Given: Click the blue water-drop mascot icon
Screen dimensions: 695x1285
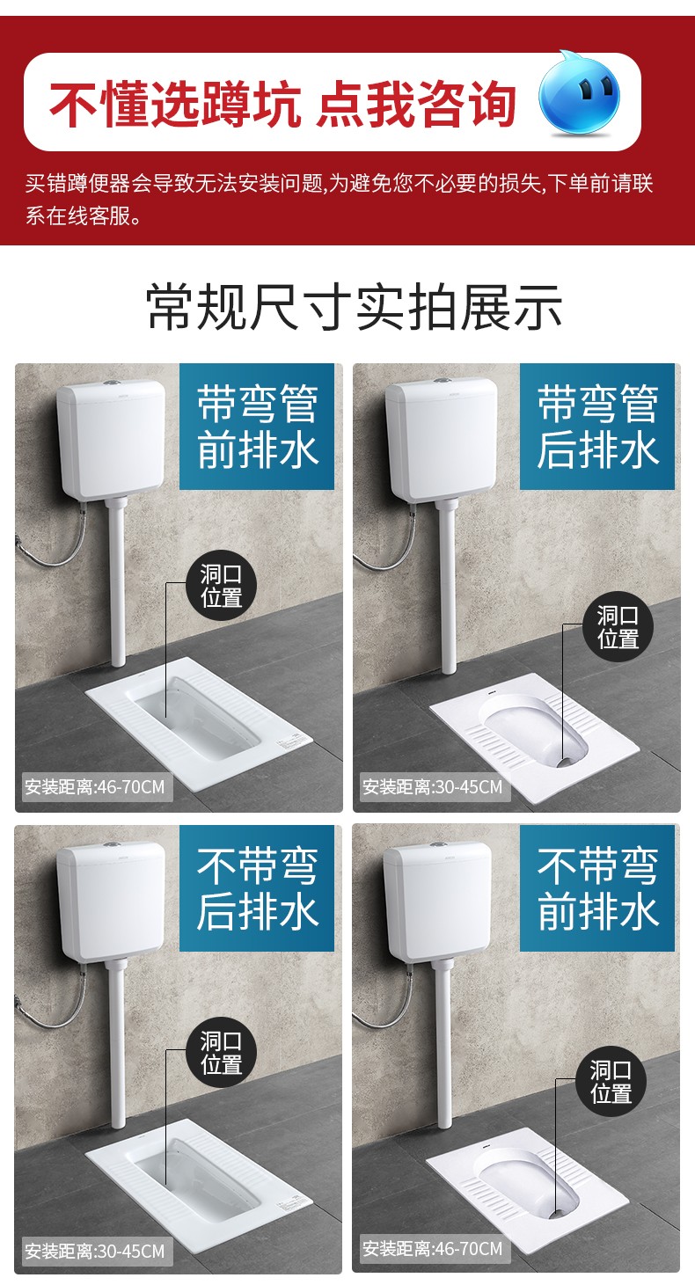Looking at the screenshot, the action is pyautogui.click(x=579, y=96).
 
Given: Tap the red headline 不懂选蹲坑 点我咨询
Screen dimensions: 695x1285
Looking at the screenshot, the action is pyautogui.click(x=282, y=103).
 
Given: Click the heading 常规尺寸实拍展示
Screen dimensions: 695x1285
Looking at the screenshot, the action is pyautogui.click(x=354, y=307).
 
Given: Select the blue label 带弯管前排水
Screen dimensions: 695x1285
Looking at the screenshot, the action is pyautogui.click(x=257, y=427).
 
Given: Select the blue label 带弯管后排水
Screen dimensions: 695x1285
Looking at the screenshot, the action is pyautogui.click(x=596, y=427).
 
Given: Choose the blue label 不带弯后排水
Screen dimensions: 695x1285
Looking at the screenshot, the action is pyautogui.click(x=257, y=888).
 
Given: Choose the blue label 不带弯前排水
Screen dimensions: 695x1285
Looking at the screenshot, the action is pyautogui.click(x=596, y=888).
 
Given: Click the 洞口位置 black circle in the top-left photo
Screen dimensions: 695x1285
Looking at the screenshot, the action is pyautogui.click(x=221, y=585).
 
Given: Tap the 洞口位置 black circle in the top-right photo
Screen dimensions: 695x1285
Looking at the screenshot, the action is pyautogui.click(x=618, y=626).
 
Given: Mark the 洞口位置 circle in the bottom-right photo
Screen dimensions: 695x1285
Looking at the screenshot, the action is pyautogui.click(x=611, y=1081).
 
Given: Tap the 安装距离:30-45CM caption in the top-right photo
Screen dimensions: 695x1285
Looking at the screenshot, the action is pyautogui.click(x=433, y=786).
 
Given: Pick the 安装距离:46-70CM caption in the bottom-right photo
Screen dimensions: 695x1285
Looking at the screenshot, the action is pyautogui.click(x=433, y=1248).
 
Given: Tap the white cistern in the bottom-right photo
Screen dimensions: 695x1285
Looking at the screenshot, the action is pyautogui.click(x=437, y=902).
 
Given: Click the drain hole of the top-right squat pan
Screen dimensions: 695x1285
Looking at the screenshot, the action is pyautogui.click(x=567, y=762).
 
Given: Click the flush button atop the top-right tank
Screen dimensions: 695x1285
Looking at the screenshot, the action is pyautogui.click(x=442, y=380).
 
